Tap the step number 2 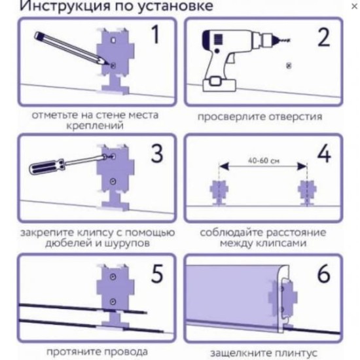coord(323,38)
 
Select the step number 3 coord(155,154)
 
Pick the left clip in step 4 coord(218,190)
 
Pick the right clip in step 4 coord(306,190)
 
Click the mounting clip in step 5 coord(114,295)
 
